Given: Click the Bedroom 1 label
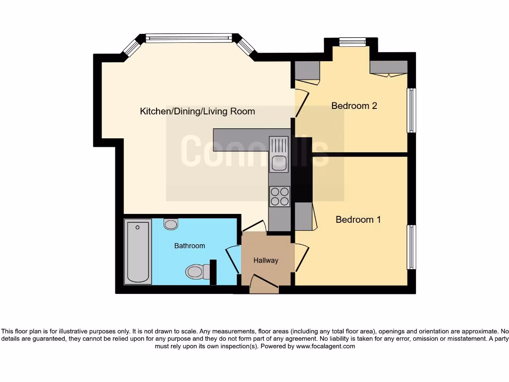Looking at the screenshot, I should coord(358,219).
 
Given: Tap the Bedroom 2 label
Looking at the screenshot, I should coord(354,105).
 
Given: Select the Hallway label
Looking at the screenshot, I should coord(266,260).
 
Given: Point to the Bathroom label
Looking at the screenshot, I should coord(189,246).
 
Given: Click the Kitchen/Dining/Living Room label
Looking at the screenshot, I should coord(197,111).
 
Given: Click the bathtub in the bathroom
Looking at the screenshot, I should coord(138,252).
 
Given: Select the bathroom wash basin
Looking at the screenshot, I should coord(171,224).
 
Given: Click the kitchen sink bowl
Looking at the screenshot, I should coord(279,163).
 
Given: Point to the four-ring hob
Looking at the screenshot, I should coord(279,195).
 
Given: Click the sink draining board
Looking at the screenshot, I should coord(279,145).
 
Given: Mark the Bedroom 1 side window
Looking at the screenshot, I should coord(411,247).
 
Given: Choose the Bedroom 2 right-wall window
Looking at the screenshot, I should coord(411,110).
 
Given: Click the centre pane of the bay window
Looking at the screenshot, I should coord(189,38).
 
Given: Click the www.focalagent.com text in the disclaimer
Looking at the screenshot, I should coord(326,346).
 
